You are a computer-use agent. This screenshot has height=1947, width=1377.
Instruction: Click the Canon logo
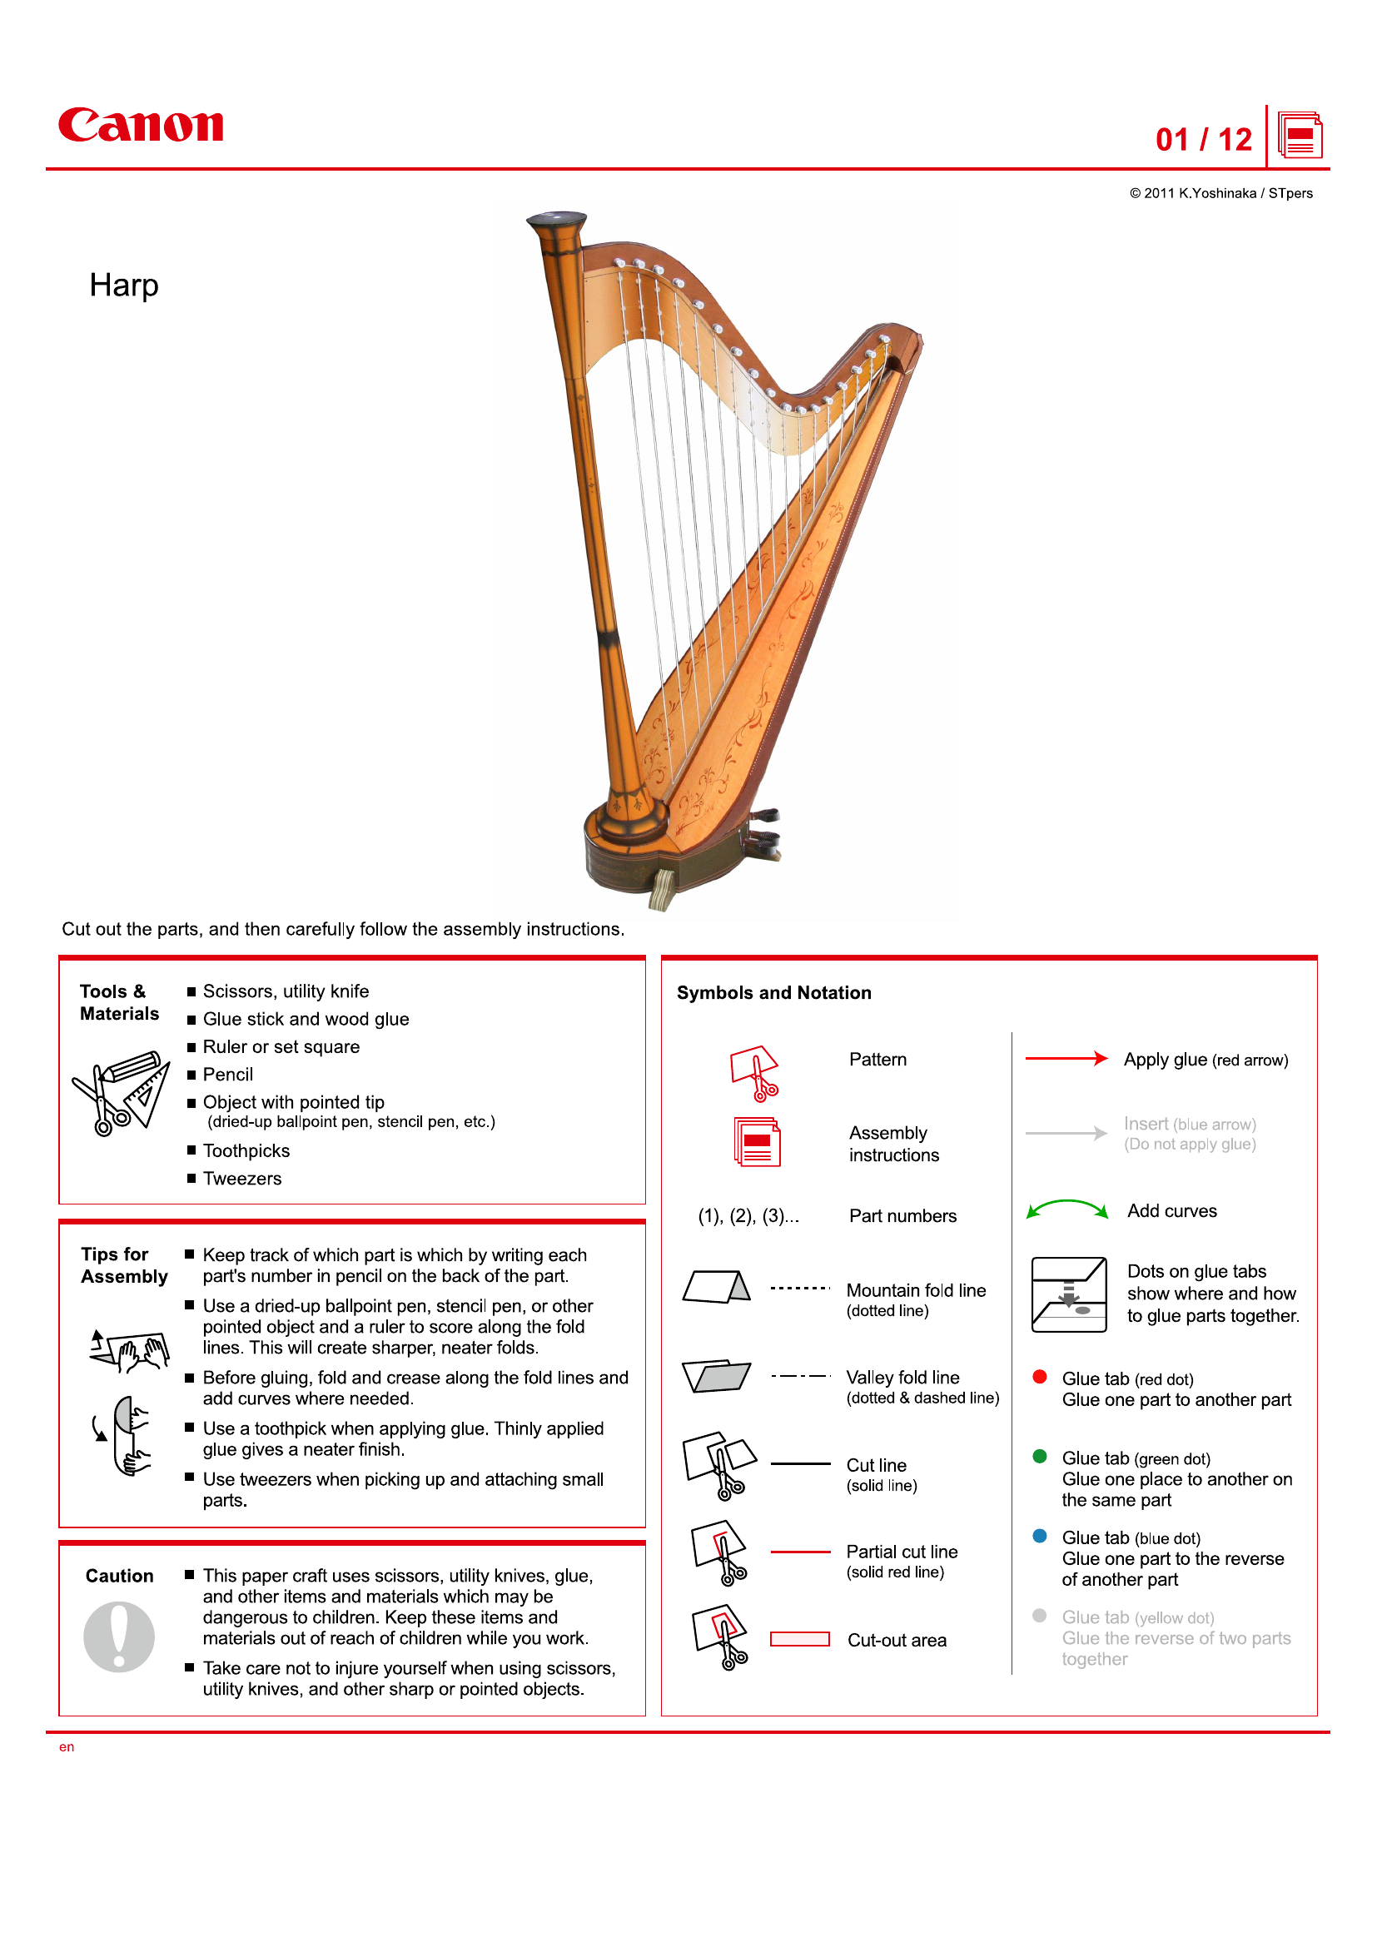click(141, 126)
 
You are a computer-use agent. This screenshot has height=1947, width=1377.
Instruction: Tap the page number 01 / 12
click(1202, 140)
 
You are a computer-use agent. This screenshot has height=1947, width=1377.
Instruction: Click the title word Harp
click(124, 286)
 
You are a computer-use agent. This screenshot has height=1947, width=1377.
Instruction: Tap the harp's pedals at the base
click(763, 835)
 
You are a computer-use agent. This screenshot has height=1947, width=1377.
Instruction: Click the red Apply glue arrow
click(1066, 1058)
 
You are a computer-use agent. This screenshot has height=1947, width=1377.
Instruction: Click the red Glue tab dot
click(1040, 1377)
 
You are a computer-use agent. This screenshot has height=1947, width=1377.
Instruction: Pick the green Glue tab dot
click(1040, 1457)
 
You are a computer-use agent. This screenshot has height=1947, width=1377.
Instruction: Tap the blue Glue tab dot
click(1040, 1536)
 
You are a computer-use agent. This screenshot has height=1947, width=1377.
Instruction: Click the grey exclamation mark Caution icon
click(119, 1637)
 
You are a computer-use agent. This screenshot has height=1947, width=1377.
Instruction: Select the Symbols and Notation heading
click(773, 993)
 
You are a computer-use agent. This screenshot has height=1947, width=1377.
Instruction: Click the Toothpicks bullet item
click(246, 1150)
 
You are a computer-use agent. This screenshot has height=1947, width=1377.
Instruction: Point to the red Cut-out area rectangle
click(798, 1639)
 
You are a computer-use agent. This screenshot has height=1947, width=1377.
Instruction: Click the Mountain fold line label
click(916, 1291)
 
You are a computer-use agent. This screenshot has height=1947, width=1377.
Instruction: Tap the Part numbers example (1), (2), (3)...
click(748, 1216)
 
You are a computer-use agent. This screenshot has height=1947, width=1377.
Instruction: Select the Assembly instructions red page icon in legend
click(756, 1142)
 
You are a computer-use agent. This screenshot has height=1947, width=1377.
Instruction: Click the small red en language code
click(66, 1747)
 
